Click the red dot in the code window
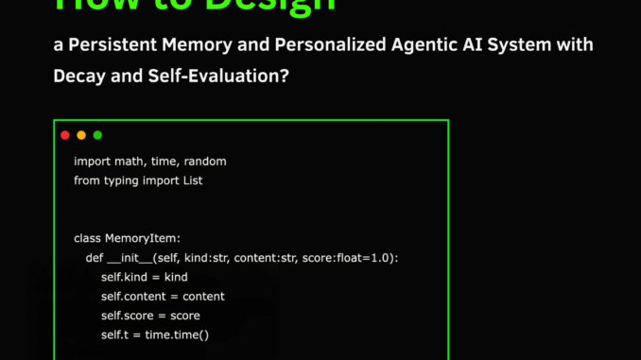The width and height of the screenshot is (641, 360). [65, 135]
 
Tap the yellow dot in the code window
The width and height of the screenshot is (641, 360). [81, 135]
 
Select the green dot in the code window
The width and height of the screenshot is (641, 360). [97, 135]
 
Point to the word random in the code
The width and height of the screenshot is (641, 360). [206, 162]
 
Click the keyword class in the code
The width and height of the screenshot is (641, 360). [88, 238]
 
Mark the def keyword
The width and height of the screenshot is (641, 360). [95, 258]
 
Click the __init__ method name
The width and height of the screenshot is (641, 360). [130, 258]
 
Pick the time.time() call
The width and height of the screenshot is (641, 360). [177, 334]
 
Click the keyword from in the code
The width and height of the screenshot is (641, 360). [88, 180]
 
